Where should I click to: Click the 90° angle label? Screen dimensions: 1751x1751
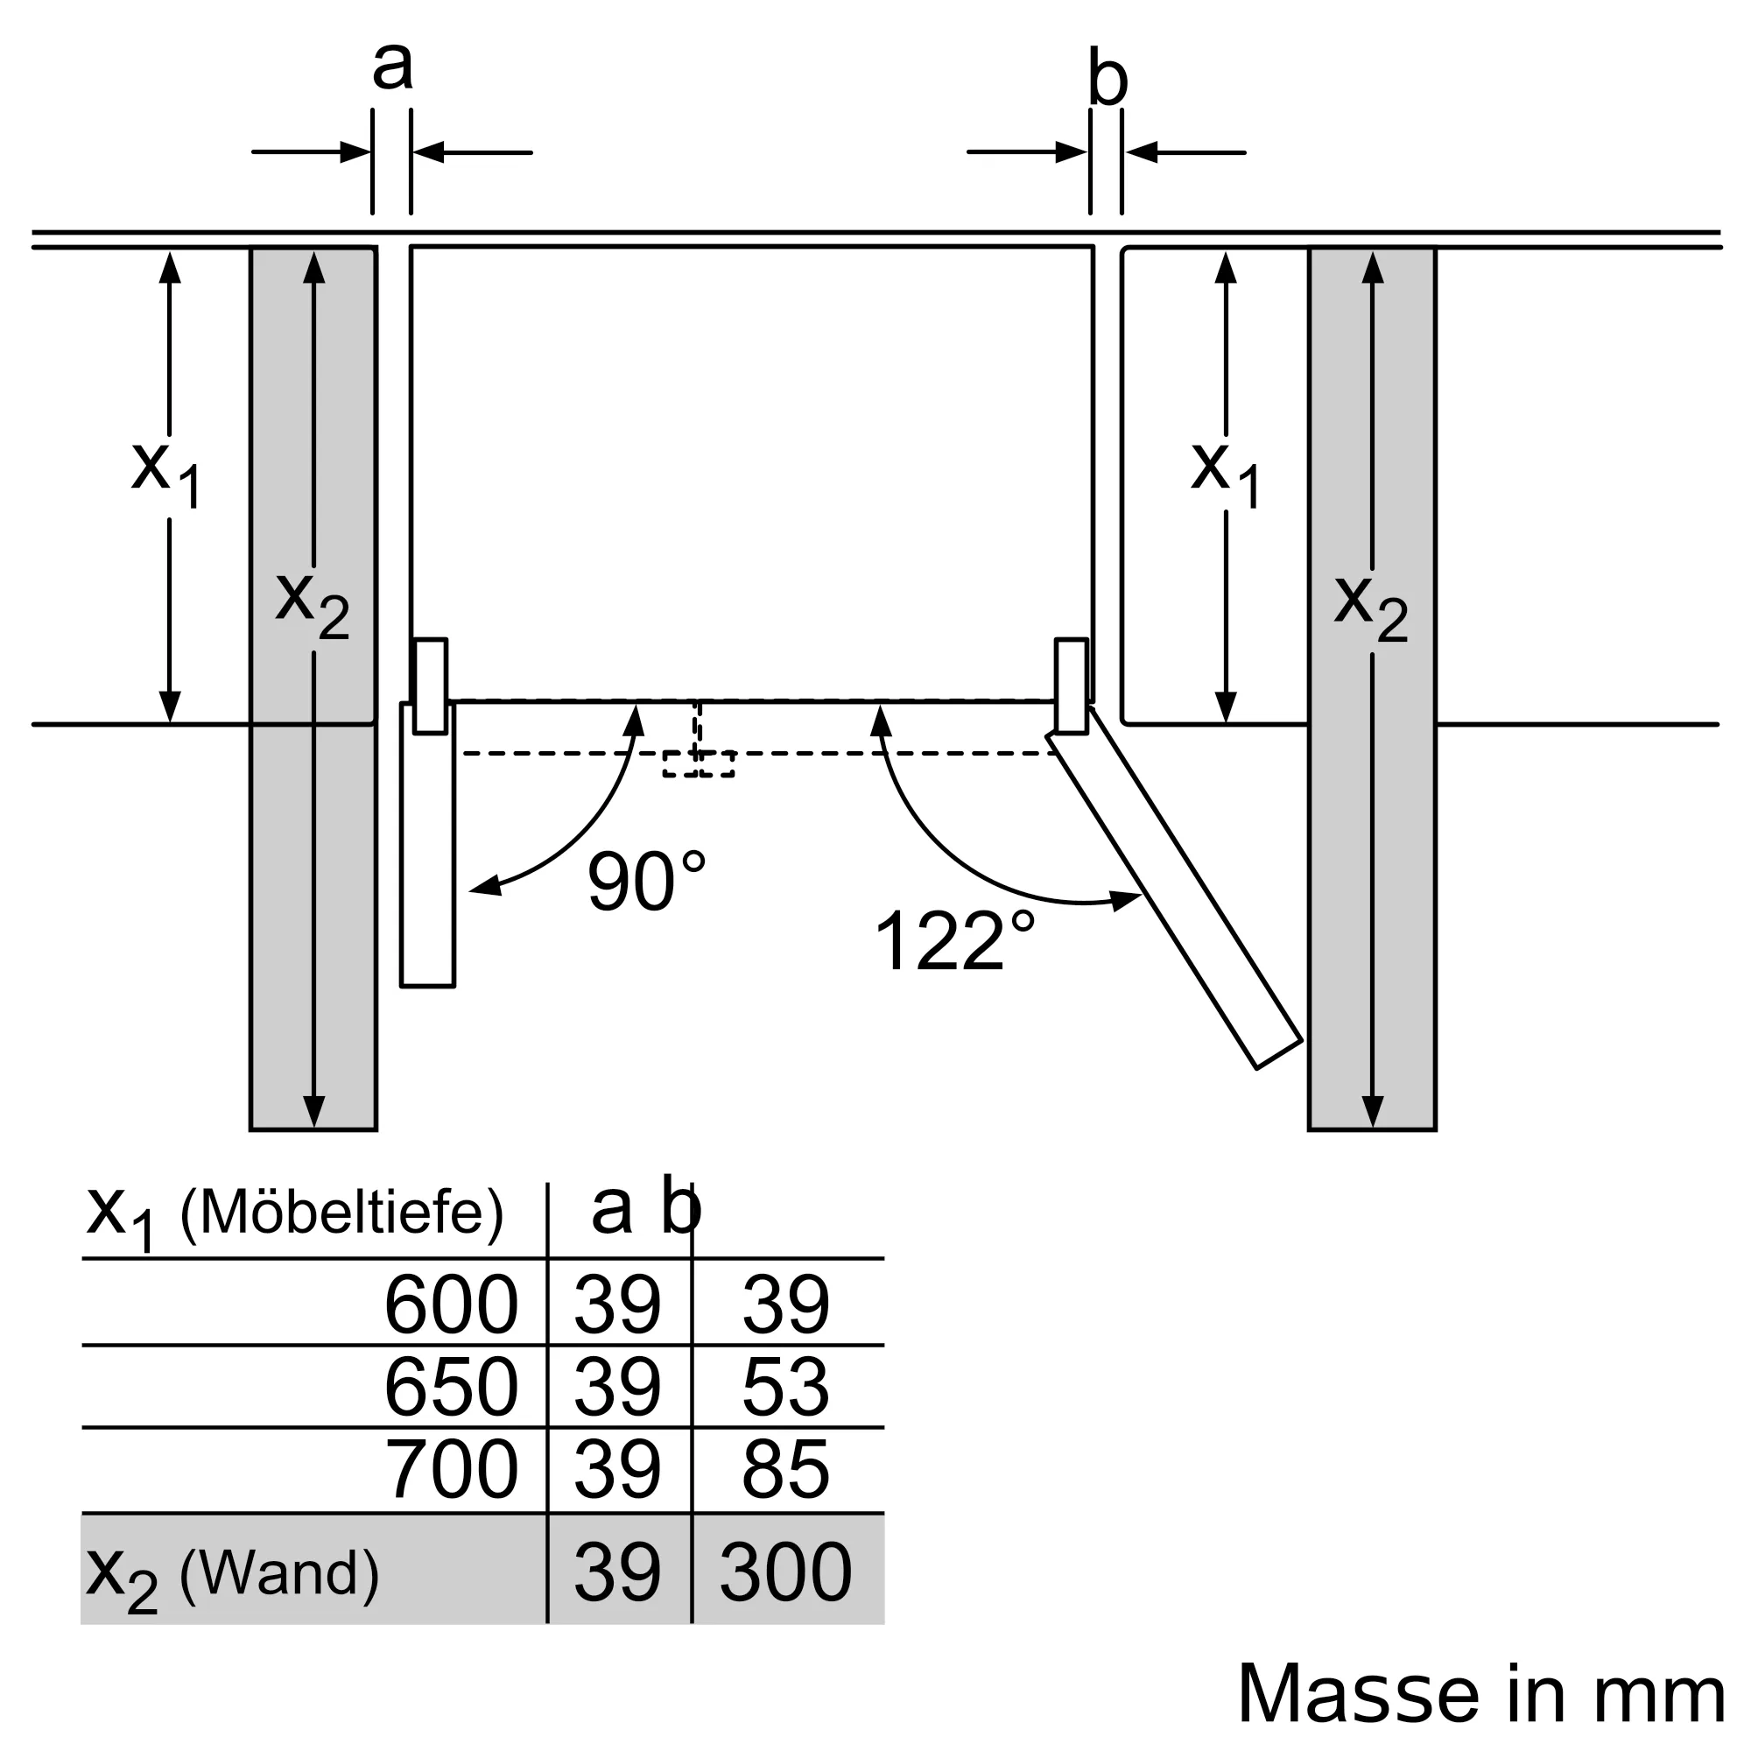[646, 881]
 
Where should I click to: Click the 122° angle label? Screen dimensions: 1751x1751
[953, 939]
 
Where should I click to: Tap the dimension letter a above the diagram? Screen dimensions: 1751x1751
[392, 66]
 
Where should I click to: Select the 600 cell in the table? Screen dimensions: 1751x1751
[452, 1304]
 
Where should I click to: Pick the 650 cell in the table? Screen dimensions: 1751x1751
[452, 1387]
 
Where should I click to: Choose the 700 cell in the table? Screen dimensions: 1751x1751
[452, 1469]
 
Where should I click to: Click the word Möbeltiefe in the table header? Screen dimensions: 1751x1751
[341, 1211]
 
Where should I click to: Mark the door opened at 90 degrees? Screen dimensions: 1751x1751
[428, 844]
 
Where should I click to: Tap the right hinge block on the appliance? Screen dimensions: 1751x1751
[1072, 686]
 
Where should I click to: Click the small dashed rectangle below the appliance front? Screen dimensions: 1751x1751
[698, 764]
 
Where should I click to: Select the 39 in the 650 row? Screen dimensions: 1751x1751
[617, 1387]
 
